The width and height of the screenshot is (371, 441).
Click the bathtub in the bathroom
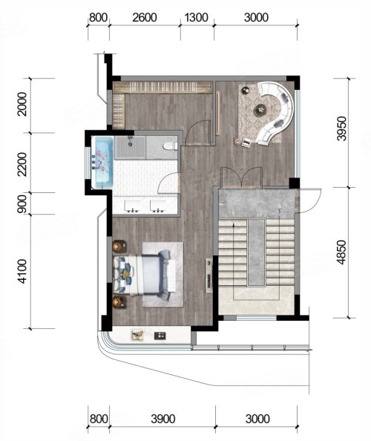[x=102, y=162]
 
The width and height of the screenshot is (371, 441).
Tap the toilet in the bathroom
[x=170, y=146]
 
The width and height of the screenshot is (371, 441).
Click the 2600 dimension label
[x=144, y=17]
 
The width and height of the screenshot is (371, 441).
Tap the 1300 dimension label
[x=196, y=17]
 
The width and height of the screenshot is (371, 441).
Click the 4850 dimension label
[x=342, y=252]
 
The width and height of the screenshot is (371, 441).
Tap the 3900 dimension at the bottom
[x=163, y=419]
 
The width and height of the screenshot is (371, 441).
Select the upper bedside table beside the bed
[x=119, y=246]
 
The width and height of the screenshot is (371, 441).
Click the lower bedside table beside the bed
[x=119, y=301]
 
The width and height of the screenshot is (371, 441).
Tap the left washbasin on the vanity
[x=133, y=206]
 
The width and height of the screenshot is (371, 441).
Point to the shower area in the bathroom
[x=130, y=147]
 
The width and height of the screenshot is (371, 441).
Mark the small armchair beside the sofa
[x=247, y=142]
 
